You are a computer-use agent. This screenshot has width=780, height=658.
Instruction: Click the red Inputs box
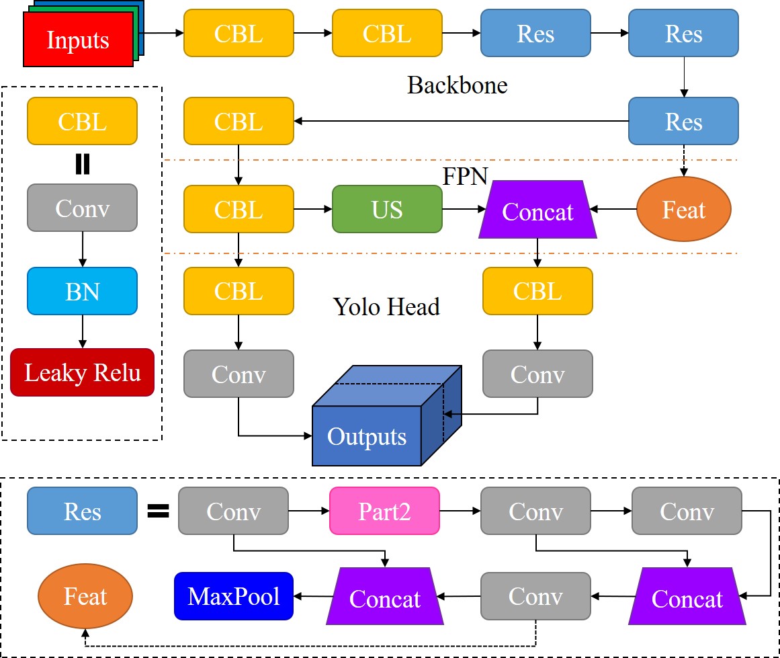78,40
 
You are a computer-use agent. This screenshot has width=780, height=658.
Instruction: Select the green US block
388,210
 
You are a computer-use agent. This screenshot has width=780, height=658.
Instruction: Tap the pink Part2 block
384,511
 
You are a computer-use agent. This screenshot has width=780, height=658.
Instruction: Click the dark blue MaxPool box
234,596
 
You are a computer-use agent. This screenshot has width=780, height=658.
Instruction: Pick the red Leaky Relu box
83,372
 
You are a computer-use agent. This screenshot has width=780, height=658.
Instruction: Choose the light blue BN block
83,291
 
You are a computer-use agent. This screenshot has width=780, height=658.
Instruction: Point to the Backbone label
457,85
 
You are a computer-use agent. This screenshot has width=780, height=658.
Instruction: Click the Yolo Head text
386,306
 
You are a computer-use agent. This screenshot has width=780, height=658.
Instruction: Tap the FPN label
465,176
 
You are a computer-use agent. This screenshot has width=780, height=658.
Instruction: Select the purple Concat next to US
537,211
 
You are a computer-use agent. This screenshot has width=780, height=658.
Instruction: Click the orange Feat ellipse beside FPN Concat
684,210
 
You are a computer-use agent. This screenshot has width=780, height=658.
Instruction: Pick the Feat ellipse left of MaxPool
85,596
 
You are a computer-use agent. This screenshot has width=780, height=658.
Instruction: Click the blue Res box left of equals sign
83,511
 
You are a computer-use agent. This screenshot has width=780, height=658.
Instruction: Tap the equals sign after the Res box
158,511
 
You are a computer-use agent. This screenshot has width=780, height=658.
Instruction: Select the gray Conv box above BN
83,208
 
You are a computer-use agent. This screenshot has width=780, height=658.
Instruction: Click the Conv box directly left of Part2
234,511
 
